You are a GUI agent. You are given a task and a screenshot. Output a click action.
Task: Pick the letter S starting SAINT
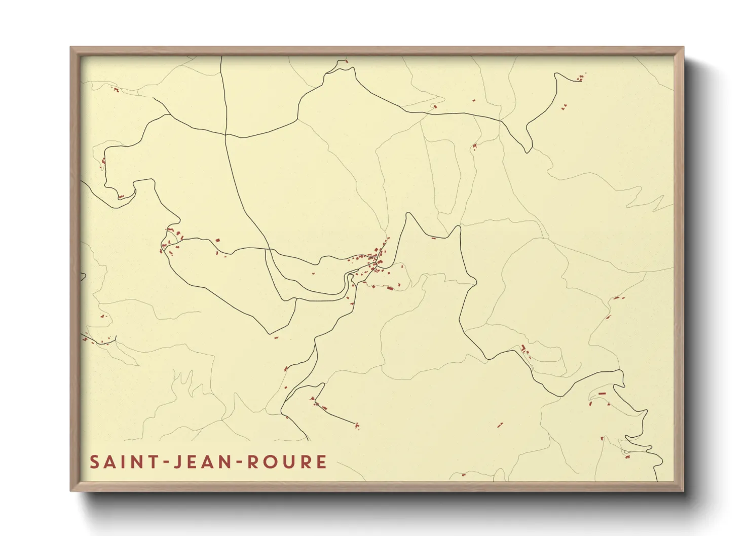94,462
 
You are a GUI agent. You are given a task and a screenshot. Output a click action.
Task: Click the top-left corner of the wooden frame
71,48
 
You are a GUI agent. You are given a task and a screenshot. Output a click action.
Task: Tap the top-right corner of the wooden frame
683,48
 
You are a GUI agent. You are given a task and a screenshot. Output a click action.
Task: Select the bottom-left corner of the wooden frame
71,490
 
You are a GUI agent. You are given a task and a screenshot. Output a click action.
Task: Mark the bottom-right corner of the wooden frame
683,490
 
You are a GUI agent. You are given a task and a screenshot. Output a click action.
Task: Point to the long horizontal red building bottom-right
602,393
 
